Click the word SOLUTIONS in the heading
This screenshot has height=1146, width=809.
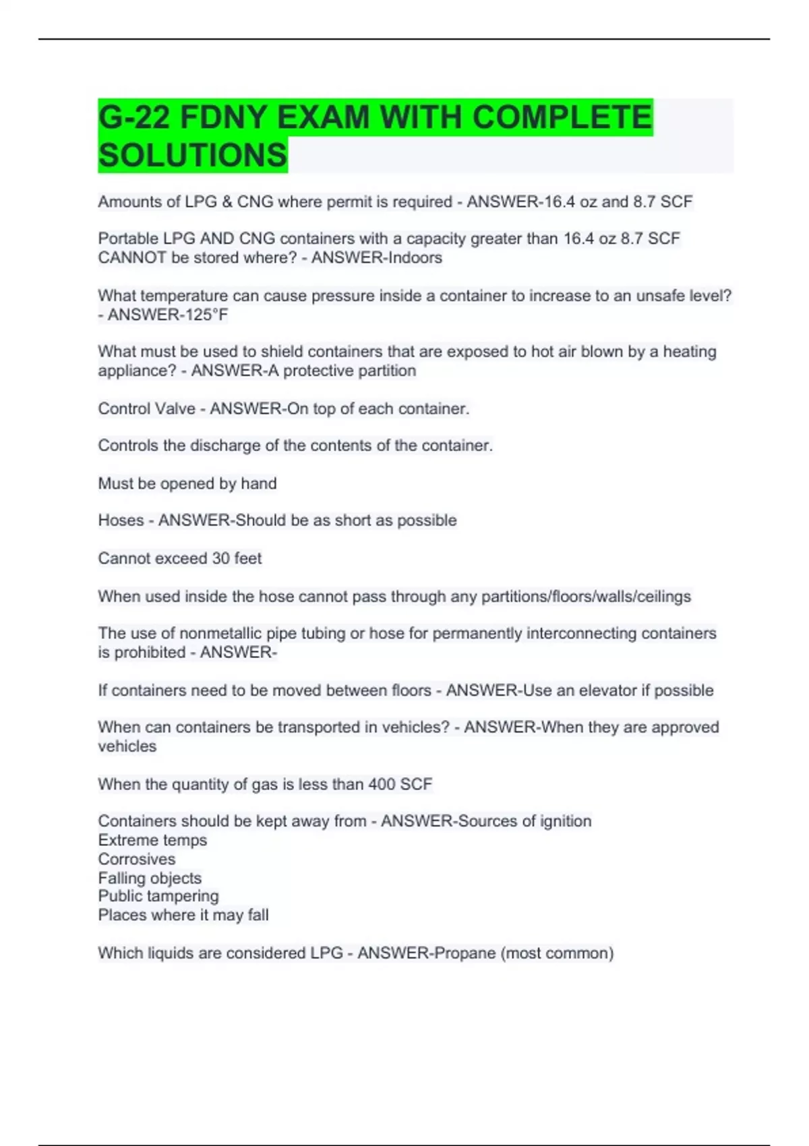pyautogui.click(x=193, y=155)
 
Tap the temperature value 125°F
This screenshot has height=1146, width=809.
pyautogui.click(x=203, y=315)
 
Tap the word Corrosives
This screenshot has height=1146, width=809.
pyautogui.click(x=137, y=859)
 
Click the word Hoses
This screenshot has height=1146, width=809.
pyautogui.click(x=121, y=520)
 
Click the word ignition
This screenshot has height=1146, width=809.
pyautogui.click(x=565, y=821)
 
